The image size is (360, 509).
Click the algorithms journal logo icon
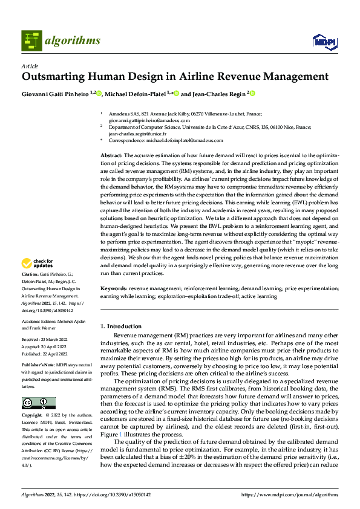click(x=32, y=40)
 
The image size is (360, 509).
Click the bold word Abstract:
click(x=113, y=156)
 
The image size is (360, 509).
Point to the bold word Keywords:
click(x=114, y=290)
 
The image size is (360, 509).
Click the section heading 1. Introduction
click(x=122, y=326)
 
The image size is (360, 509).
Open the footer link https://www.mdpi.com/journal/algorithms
click(x=289, y=494)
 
